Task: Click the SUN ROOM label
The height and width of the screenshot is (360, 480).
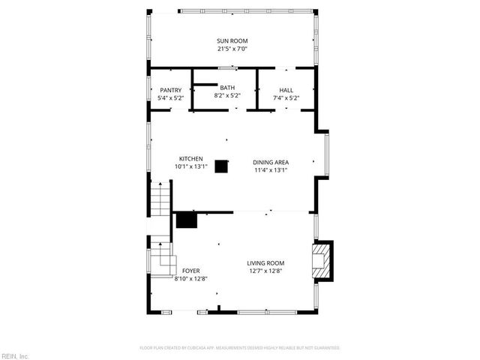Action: point(232,40)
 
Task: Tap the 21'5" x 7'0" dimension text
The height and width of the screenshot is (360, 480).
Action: point(232,49)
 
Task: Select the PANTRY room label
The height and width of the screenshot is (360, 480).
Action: point(170,90)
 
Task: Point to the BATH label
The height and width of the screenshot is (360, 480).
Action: point(226,88)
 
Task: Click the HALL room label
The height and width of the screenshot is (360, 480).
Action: point(286,90)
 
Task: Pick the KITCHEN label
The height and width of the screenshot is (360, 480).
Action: point(190,158)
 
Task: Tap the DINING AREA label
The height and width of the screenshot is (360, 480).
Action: point(271,162)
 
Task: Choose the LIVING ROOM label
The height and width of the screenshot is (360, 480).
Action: point(266,262)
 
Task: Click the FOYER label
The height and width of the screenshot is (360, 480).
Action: point(190,270)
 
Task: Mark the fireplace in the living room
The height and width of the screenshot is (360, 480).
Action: point(323,260)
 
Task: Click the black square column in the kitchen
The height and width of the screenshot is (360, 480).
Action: point(220,166)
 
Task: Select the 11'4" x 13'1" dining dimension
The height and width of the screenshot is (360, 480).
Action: point(271,170)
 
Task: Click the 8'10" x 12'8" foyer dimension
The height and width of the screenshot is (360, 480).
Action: point(190,278)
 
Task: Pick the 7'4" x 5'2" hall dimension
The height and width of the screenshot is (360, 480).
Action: point(286,97)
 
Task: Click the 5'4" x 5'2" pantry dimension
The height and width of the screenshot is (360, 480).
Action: point(170,97)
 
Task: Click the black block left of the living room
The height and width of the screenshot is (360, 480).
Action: point(186,219)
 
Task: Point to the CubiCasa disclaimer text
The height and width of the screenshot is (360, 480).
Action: point(240,348)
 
